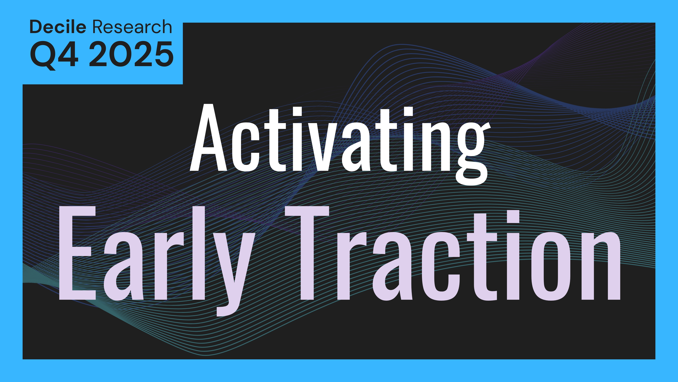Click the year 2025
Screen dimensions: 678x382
131,54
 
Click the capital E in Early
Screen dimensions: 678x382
78,253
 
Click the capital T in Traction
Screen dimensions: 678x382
307,253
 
